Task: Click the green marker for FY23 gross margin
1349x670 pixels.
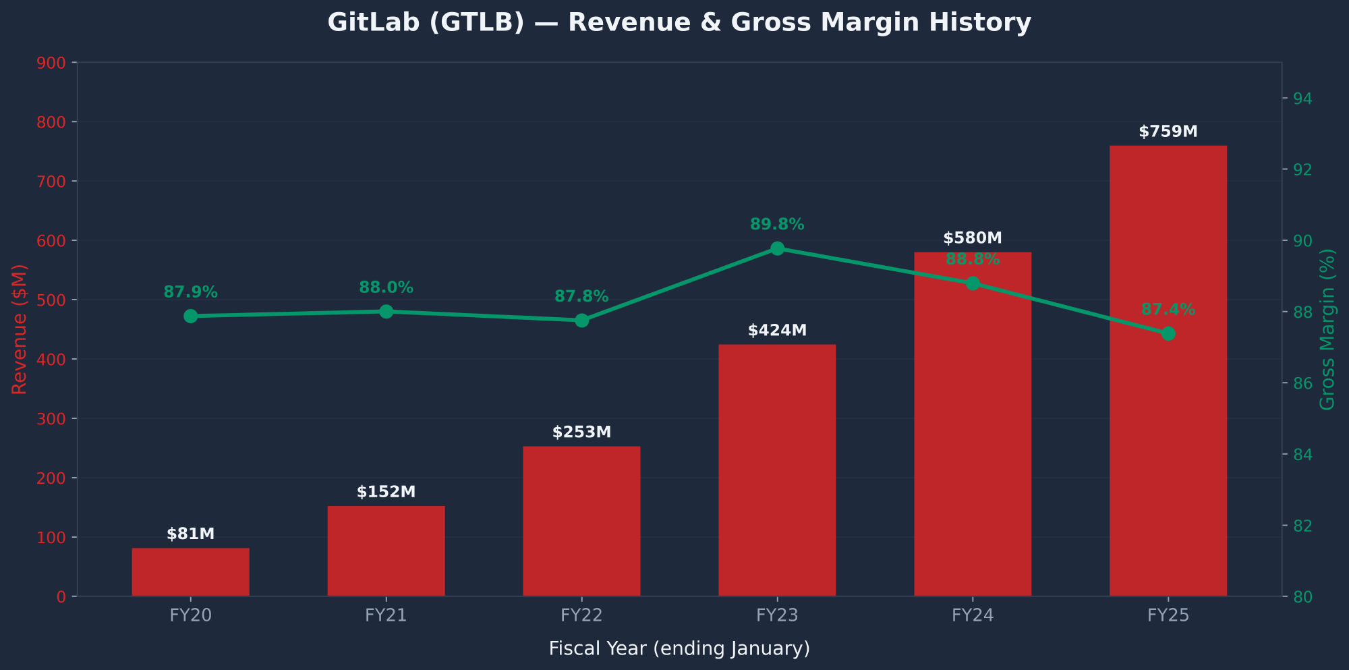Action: pos(777,248)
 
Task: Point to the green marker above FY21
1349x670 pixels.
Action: pos(386,312)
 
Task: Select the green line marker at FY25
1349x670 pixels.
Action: pos(1168,333)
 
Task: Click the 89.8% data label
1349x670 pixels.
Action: pos(777,225)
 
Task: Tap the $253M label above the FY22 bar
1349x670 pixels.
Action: pos(581,432)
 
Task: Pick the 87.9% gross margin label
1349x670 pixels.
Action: pos(190,293)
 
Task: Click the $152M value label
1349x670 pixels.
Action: pos(386,493)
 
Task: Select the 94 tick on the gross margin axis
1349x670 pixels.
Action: pos(1302,99)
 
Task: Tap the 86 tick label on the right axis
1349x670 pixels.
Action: pos(1302,384)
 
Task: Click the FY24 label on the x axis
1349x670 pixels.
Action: pos(972,615)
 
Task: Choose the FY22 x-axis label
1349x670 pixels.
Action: pos(581,615)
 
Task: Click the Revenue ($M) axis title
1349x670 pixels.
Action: pos(20,329)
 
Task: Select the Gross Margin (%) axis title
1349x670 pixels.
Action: pos(1327,329)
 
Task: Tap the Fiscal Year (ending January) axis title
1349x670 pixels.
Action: pos(679,649)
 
